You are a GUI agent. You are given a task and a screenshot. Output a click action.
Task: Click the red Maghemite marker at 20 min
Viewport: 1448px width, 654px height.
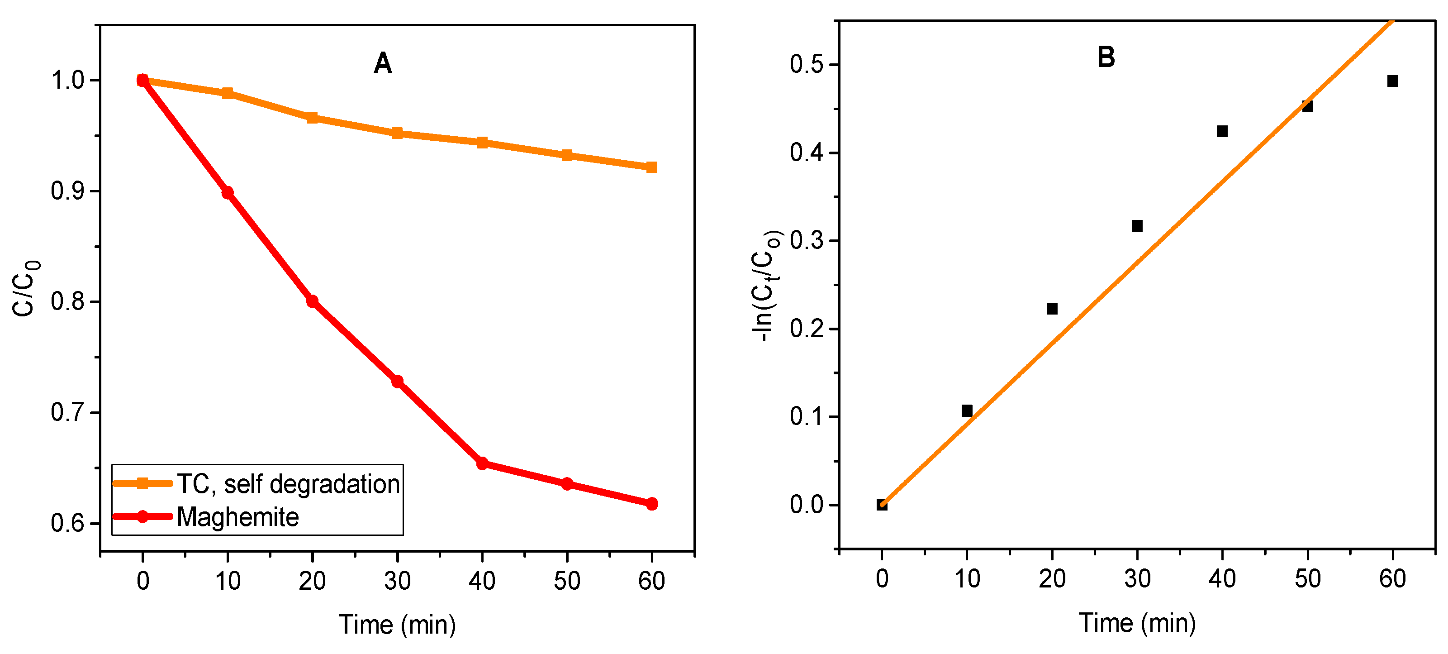(313, 301)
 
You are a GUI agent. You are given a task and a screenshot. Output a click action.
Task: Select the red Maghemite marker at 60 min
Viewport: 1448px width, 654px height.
(651, 504)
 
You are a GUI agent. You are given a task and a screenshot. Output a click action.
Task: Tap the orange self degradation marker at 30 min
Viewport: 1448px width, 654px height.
(398, 133)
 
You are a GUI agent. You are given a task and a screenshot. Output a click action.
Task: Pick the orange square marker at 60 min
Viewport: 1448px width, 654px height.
(651, 167)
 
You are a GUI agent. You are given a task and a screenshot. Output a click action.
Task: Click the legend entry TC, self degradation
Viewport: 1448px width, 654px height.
(288, 484)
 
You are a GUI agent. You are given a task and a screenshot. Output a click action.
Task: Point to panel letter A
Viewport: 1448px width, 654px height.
(383, 63)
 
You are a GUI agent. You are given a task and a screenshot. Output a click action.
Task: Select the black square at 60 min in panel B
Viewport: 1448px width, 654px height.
(1392, 81)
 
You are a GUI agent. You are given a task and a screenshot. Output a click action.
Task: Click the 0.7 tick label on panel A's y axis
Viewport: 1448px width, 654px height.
(67, 413)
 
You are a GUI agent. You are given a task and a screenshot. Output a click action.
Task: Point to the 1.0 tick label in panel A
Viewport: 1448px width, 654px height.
(67, 81)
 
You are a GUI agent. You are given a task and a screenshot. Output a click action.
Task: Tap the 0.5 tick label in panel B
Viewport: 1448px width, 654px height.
(806, 64)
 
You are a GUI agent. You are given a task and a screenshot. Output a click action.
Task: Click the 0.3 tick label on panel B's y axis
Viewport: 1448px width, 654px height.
(806, 240)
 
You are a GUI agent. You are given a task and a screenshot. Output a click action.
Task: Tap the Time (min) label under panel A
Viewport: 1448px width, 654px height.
(397, 625)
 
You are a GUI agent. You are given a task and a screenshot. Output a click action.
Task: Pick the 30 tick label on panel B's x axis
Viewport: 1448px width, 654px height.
(1137, 579)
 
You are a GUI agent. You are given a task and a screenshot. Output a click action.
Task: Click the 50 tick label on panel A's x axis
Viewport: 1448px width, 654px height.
(567, 581)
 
